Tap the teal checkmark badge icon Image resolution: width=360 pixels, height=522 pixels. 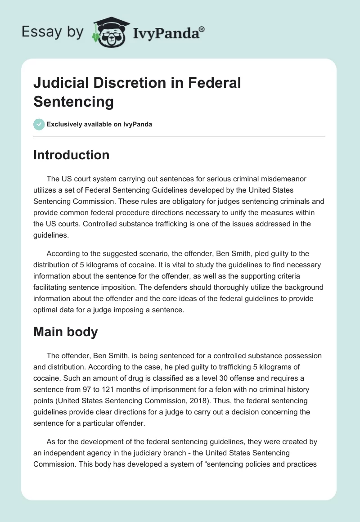pyautogui.click(x=39, y=124)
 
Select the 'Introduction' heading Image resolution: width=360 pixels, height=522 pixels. pyautogui.click(x=72, y=155)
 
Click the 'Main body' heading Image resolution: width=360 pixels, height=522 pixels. pyautogui.click(x=65, y=333)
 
